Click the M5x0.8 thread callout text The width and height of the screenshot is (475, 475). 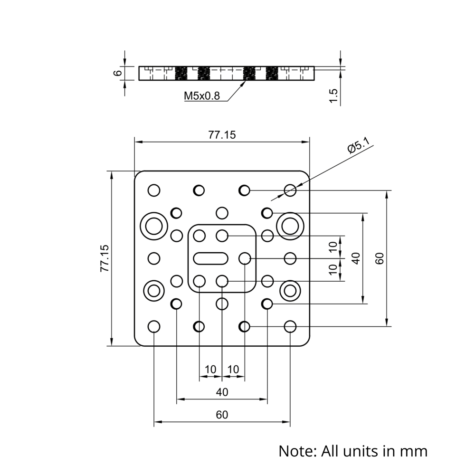click(x=202, y=96)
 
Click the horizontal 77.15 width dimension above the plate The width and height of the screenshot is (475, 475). click(x=222, y=135)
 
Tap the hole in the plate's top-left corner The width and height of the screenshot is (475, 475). click(x=154, y=190)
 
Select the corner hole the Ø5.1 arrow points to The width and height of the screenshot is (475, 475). click(x=290, y=190)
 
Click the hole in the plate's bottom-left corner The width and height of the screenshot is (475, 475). click(x=154, y=326)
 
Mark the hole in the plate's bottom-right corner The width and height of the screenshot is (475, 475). click(x=290, y=326)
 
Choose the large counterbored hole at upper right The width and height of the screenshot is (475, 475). click(x=290, y=224)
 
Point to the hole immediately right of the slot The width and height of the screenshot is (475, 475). click(x=245, y=258)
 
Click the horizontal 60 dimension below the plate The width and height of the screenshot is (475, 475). click(x=222, y=415)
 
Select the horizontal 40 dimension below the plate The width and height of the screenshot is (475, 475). click(x=222, y=392)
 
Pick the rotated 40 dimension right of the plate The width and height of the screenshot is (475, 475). click(x=356, y=258)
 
